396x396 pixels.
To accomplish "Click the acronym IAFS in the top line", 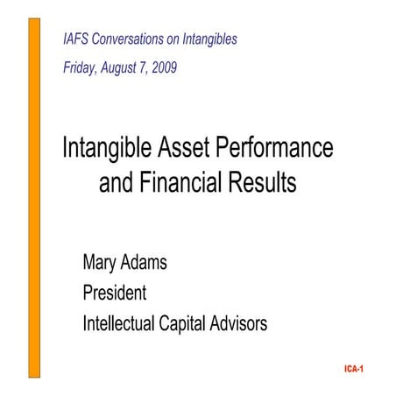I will (x=77, y=39).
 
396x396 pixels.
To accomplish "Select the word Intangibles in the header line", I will (x=208, y=39).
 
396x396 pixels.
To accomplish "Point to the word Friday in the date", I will (x=81, y=67).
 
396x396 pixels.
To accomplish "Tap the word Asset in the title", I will (x=190, y=149).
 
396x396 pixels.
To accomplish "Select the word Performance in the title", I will (x=281, y=149).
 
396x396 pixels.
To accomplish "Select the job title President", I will (x=114, y=293).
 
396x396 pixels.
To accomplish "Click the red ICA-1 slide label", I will (x=355, y=369).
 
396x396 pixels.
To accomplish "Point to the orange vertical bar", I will (x=35, y=197).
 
